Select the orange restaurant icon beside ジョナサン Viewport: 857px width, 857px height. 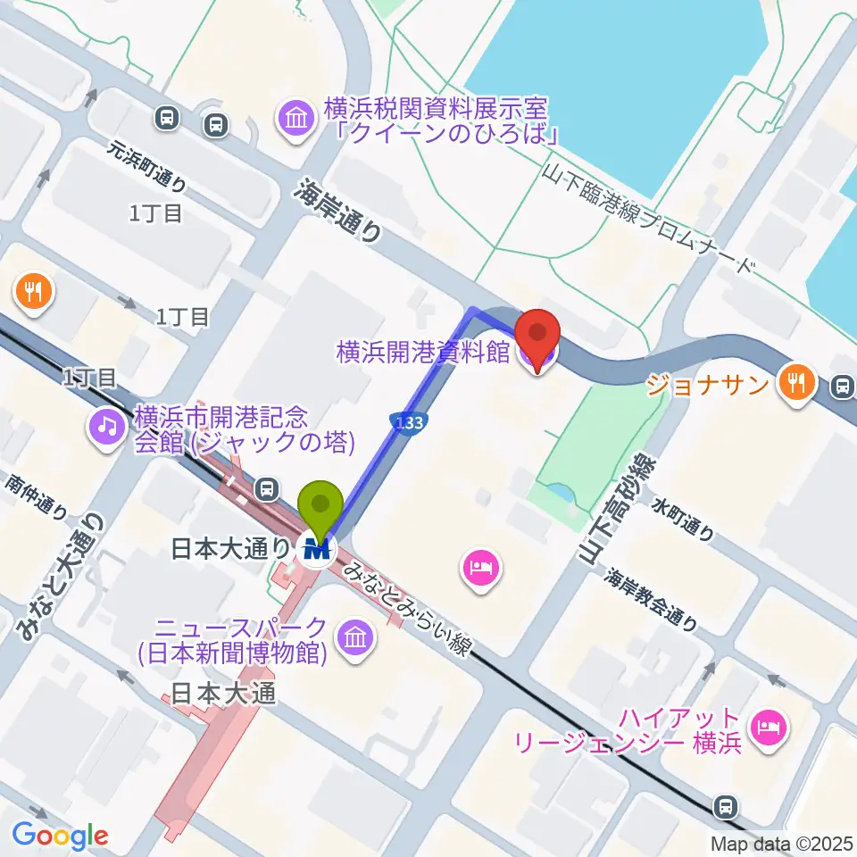793,383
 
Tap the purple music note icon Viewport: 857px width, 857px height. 107,425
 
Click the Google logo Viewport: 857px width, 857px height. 61,835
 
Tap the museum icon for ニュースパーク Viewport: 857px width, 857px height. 355,637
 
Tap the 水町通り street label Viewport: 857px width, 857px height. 684,520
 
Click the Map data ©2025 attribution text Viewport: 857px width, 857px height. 780,843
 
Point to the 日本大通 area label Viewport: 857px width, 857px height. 213,693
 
